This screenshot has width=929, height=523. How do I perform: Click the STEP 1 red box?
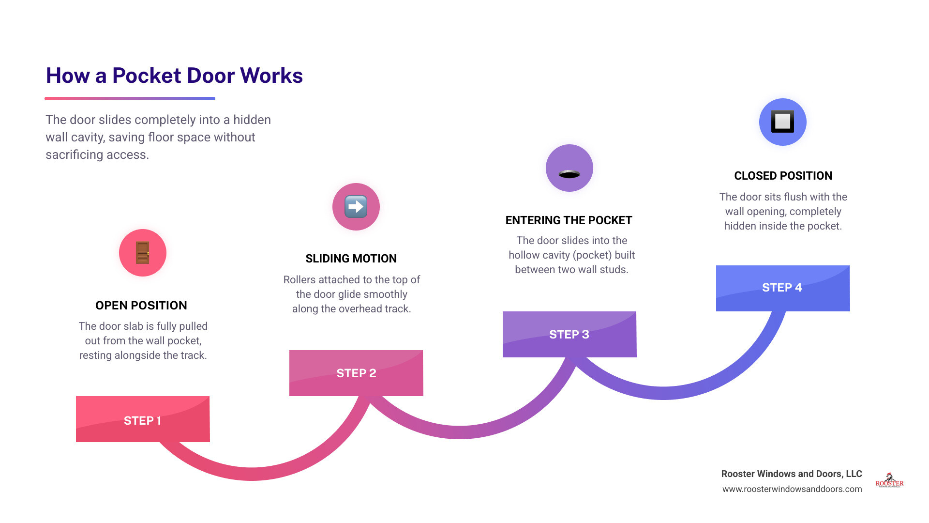143,419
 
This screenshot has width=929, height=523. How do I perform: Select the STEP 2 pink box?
356,373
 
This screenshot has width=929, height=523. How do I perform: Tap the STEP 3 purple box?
569,334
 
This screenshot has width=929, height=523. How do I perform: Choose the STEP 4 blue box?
783,288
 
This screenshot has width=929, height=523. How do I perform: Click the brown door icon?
143,253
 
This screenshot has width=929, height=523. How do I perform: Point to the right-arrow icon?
356,207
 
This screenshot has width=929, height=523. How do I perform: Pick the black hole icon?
569,174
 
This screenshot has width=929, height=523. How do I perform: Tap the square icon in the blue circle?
783,122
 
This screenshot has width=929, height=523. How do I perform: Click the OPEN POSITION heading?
141,306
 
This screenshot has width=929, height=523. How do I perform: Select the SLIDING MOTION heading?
351,259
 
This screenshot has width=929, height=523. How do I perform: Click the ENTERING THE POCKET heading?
569,220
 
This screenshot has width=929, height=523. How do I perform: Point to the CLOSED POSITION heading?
783,176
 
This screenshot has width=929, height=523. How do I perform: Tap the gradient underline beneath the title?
130,98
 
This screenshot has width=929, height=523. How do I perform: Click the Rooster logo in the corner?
890,480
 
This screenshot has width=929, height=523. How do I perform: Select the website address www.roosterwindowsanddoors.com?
792,489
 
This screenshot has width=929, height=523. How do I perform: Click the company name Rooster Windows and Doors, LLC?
792,474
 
